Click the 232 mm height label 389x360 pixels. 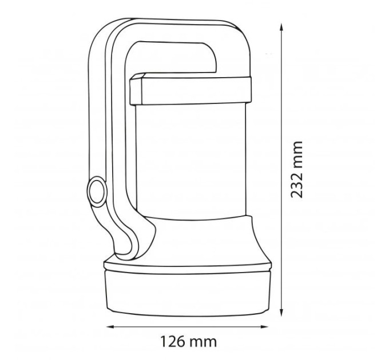coord(297,170)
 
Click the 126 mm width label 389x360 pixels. coord(189,342)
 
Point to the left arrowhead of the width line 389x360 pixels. coord(110,327)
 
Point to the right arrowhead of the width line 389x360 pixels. coord(265,327)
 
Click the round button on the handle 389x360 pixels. coord(97,191)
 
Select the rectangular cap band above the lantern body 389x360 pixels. coord(190,90)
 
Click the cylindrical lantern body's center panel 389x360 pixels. coord(191,161)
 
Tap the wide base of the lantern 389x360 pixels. coord(188,294)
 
